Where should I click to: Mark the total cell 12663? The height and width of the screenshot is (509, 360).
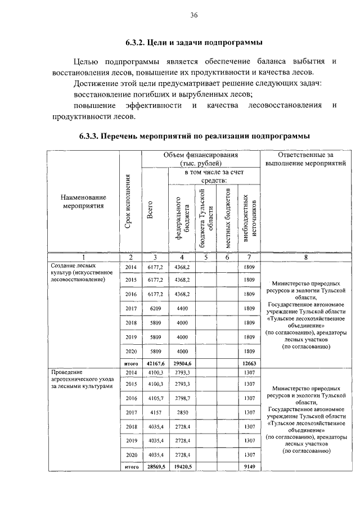pos(247,363)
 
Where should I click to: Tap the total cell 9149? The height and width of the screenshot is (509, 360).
pos(247,467)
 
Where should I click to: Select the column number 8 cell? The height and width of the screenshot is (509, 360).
pos(305,258)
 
